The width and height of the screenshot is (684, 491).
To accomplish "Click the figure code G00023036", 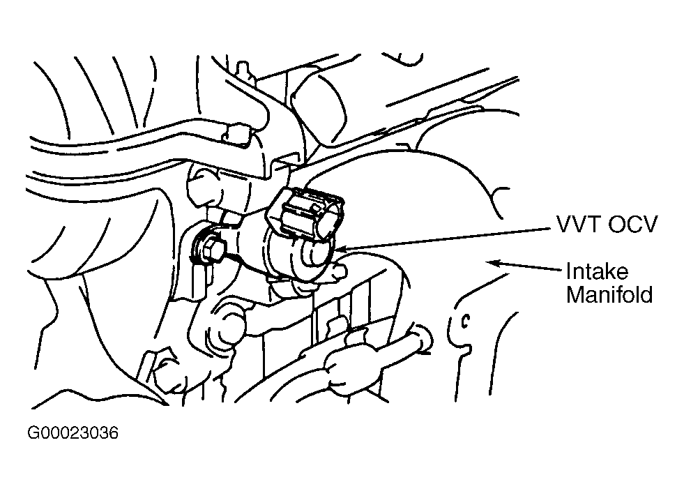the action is (73, 434).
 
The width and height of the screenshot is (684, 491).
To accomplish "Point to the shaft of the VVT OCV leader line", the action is (446, 236).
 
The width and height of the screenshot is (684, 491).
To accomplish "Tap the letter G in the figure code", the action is (33, 434).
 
